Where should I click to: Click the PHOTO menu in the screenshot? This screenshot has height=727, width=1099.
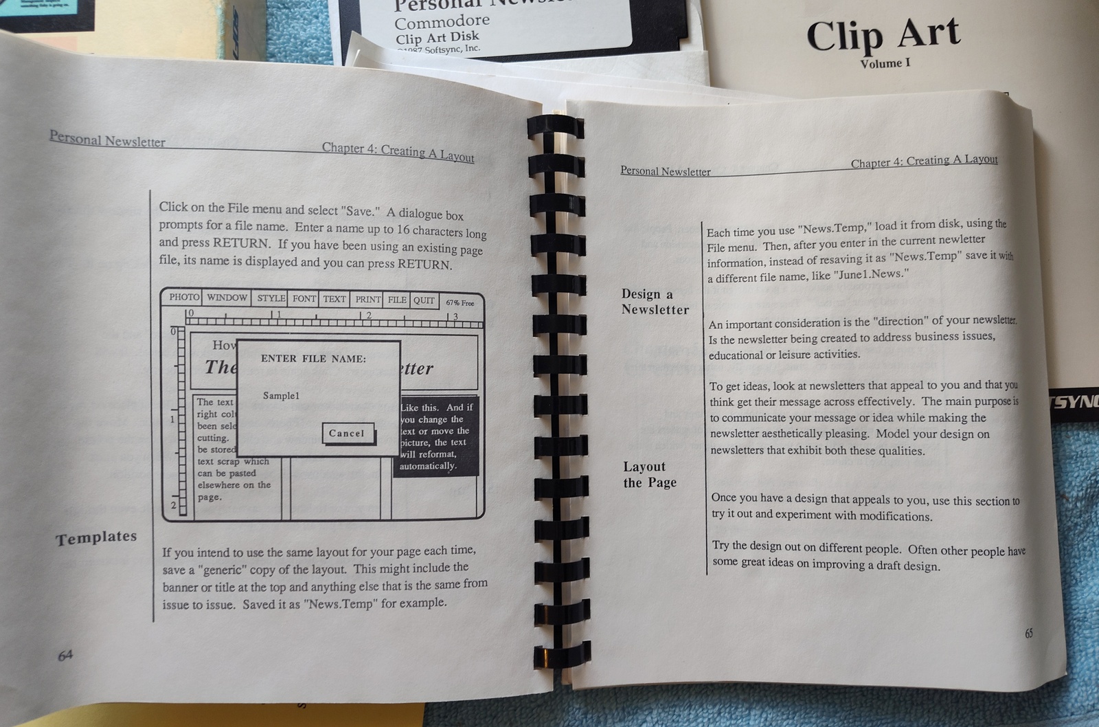point(184,297)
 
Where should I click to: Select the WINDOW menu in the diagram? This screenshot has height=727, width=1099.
point(227,298)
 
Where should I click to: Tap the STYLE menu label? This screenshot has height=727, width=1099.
point(271,298)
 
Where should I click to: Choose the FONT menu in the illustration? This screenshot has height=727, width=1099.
point(304,299)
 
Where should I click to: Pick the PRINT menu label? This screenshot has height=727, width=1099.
point(367,300)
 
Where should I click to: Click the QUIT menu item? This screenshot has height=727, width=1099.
point(424,300)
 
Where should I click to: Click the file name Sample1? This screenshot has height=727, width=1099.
point(281,396)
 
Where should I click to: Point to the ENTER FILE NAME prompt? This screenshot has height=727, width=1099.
point(313,359)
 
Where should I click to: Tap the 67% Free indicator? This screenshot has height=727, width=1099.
point(460,302)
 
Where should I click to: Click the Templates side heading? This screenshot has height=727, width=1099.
point(96,538)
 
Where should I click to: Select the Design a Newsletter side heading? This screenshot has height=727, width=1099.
point(655,302)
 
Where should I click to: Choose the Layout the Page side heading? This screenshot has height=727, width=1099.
point(649,475)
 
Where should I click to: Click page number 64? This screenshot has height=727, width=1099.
point(65,655)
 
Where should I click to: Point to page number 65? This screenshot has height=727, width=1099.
point(1028,634)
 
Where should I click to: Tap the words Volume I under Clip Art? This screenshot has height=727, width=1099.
point(885,64)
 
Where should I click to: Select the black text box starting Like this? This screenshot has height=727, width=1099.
point(436,436)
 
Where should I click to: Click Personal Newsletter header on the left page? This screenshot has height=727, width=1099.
point(107,139)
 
